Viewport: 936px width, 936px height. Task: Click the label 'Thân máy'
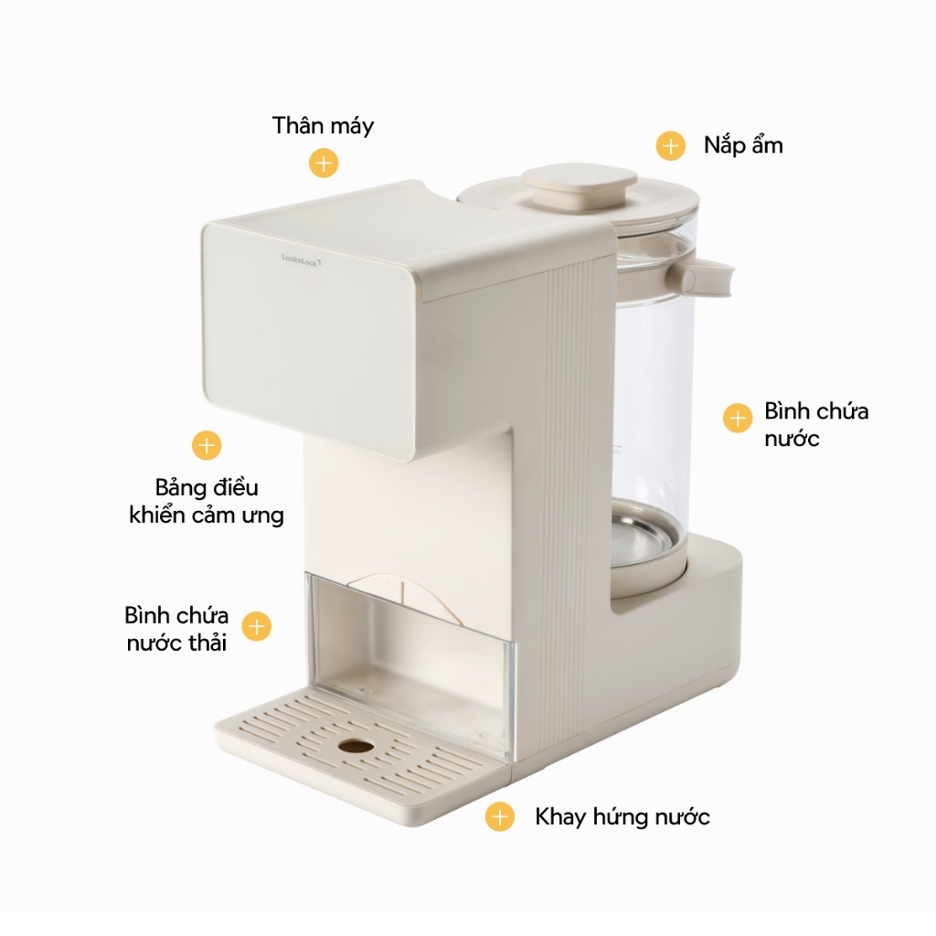tap(323, 126)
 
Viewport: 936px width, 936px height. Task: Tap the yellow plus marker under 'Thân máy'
tap(324, 164)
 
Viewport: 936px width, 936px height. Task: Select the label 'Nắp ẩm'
tap(742, 145)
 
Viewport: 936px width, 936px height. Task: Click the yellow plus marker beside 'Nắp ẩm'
tap(671, 146)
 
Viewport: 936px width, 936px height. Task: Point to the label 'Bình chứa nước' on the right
tap(816, 424)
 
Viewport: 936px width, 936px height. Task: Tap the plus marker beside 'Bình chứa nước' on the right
tap(737, 418)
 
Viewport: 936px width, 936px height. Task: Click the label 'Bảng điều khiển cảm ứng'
tap(207, 501)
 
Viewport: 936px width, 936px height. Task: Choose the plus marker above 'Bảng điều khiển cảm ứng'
tap(207, 445)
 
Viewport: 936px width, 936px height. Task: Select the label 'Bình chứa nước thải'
tap(176, 628)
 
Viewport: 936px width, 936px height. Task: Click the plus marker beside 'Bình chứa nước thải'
tap(257, 627)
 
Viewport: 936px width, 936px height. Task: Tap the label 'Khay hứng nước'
tap(622, 816)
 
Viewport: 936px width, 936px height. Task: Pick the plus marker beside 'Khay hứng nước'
tap(499, 816)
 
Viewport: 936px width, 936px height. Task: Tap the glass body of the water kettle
tap(651, 384)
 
